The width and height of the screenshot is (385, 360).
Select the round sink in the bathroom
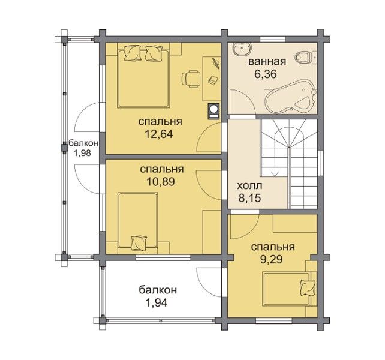pos(242,49)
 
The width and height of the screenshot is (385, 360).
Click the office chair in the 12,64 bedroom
pos(191,79)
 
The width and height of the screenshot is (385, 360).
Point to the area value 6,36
pos(266,74)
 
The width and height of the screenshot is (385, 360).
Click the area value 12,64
pos(159,134)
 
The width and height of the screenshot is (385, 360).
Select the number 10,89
pos(161,182)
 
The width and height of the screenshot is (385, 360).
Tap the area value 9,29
pos(272,259)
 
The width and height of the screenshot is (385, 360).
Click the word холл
pos(249,186)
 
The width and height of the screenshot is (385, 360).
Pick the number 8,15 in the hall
pos(249,198)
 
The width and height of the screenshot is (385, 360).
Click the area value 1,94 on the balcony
pos(157,302)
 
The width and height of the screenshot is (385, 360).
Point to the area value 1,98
pos(83,153)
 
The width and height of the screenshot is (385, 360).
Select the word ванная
pos(267,61)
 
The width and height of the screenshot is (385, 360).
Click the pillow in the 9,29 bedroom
pos(307,288)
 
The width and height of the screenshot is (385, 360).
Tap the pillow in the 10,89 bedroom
pos(139,243)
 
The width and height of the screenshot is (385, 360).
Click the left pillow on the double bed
pos(133,53)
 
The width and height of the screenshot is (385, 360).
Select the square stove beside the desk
pos(214,111)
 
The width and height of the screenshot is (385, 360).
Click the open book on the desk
pos(213,80)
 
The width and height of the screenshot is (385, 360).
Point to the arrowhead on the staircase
pos(275,174)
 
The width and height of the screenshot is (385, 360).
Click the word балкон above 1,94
pos(158,290)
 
